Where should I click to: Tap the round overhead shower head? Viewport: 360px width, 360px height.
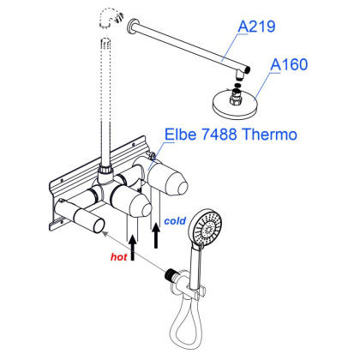pyautogui.click(x=232, y=105)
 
